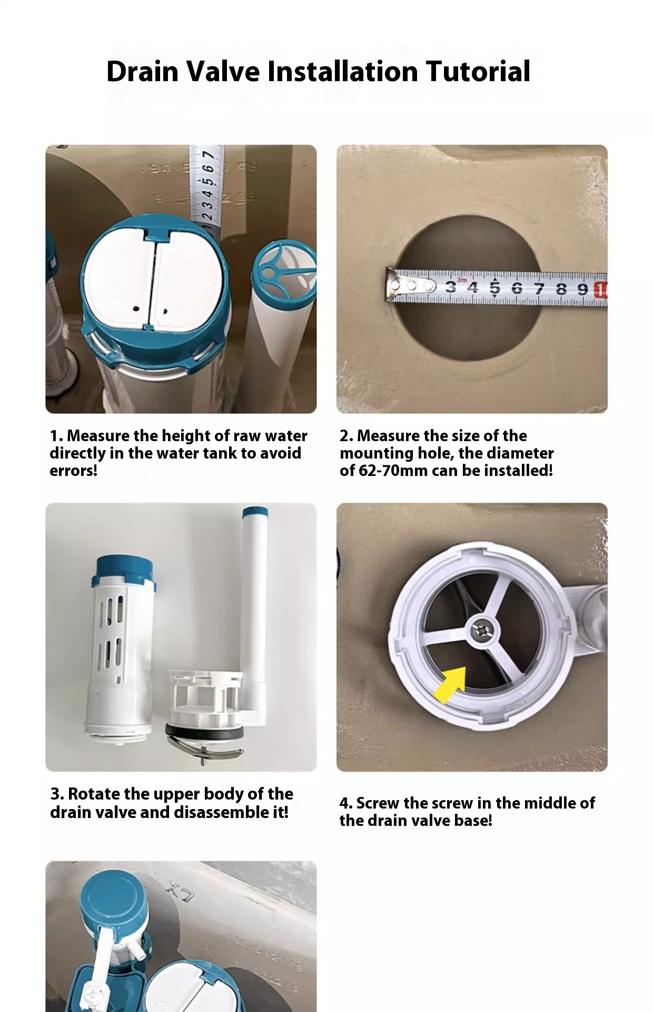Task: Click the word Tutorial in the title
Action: [478, 72]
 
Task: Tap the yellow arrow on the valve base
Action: [449, 684]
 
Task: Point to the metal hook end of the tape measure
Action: [392, 285]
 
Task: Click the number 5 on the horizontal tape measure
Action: [494, 288]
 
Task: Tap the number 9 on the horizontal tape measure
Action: [582, 289]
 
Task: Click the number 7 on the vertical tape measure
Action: [208, 155]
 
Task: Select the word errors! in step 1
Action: [73, 470]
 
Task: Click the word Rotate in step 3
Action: [95, 794]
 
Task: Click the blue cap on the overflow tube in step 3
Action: [255, 512]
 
